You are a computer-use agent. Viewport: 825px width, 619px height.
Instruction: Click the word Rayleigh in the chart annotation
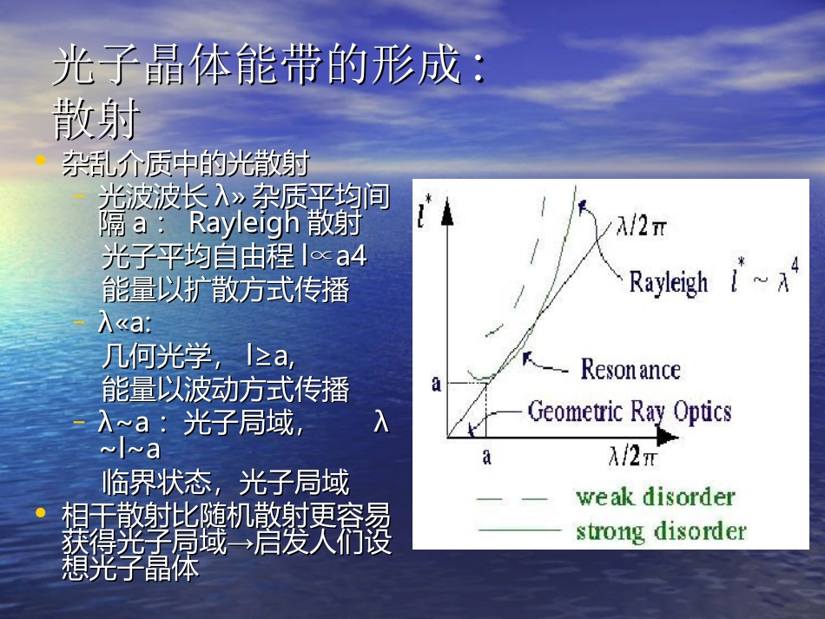pos(668,282)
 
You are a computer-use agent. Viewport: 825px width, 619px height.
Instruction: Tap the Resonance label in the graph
pos(630,369)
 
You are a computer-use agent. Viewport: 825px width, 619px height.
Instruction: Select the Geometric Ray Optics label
pos(630,411)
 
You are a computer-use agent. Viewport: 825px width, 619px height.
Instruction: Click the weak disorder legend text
pos(655,497)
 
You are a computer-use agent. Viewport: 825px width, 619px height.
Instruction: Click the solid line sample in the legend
pos(518,529)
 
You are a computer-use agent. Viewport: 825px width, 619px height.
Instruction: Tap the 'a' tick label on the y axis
pos(436,383)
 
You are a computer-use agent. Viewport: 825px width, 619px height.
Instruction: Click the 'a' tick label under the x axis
pos(486,455)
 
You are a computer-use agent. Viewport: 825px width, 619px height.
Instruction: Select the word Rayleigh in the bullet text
pos(244,224)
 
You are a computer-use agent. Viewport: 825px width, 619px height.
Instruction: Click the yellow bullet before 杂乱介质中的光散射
pos(39,160)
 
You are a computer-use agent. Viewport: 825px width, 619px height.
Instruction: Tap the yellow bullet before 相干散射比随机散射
pos(39,513)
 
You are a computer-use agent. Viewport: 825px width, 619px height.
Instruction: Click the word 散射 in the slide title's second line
pos(96,121)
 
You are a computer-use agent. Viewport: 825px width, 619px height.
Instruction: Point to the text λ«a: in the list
pos(125,324)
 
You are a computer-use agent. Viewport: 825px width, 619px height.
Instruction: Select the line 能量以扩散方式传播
pos(225,290)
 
